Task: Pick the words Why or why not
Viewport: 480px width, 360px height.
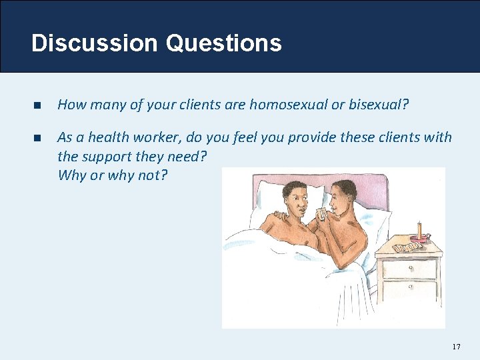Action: pyautogui.click(x=113, y=175)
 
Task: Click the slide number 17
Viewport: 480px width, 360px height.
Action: pyautogui.click(x=456, y=347)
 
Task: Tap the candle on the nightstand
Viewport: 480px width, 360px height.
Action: pyautogui.click(x=419, y=229)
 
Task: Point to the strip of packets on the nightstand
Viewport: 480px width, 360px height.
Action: pyautogui.click(x=406, y=247)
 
